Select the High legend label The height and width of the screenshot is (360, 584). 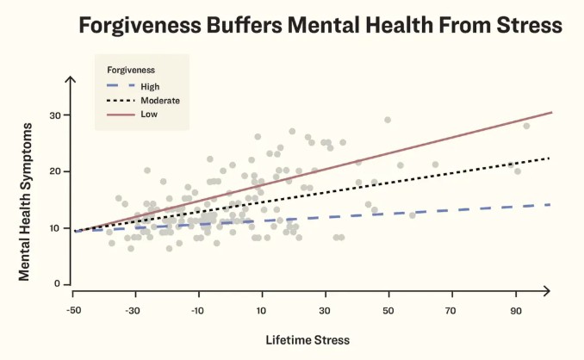pos(149,86)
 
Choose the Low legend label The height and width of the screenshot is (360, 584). pos(148,114)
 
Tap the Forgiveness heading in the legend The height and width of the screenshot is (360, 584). pos(131,69)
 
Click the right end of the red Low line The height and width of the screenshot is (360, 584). pos(551,113)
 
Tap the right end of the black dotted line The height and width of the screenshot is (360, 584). pos(550,158)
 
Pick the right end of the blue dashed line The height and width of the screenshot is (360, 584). pos(550,204)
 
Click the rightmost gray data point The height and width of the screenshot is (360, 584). pos(526,126)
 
